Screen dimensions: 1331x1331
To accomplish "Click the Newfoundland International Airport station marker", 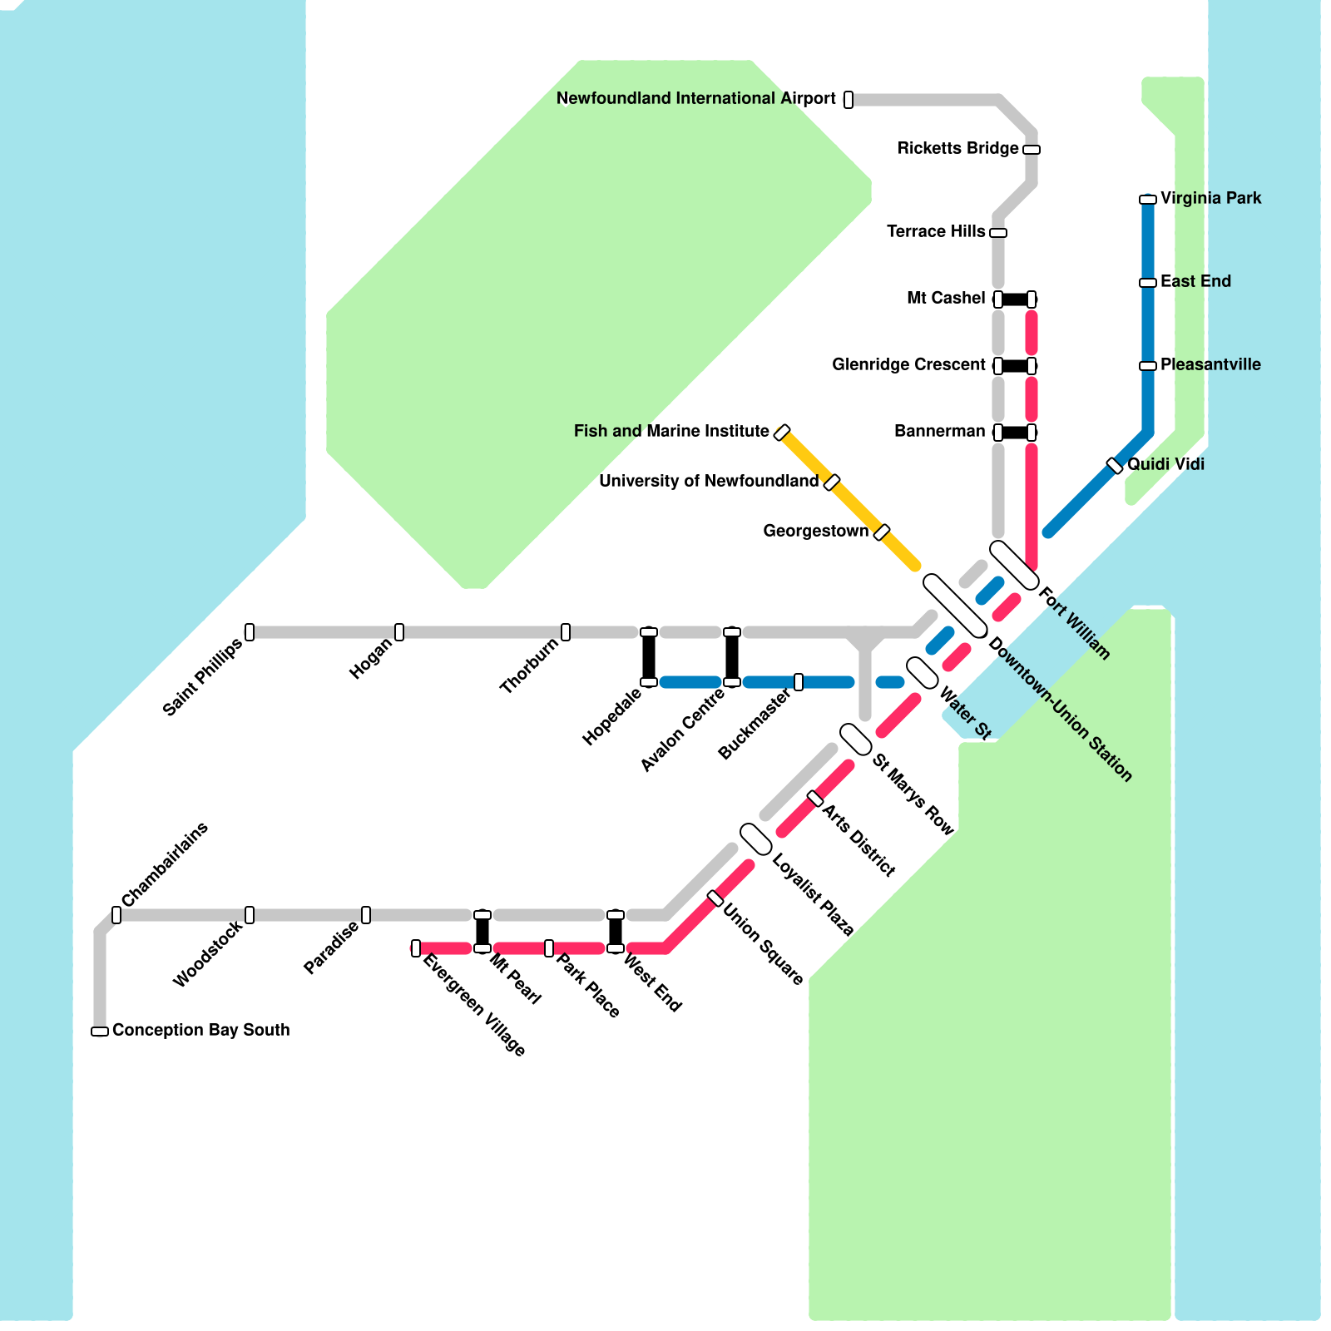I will coord(849,100).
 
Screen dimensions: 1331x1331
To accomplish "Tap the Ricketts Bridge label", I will coord(957,149).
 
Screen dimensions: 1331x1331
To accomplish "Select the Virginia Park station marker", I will coord(1148,200).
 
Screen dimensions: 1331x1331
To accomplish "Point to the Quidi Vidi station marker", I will coord(1115,466).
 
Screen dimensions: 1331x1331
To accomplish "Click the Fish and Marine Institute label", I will coord(670,432).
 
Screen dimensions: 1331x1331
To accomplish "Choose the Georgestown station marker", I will coord(882,532).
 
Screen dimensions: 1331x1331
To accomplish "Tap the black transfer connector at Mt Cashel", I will coord(1015,299).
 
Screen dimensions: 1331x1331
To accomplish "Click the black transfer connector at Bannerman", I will coord(1015,433).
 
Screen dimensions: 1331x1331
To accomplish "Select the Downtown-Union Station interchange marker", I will coord(955,606).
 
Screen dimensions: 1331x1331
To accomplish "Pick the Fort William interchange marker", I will coord(1014,565).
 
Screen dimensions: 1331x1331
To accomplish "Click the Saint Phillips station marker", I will coord(250,632).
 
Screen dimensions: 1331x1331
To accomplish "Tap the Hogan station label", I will coord(370,660).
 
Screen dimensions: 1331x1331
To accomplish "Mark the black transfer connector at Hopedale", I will coord(649,657).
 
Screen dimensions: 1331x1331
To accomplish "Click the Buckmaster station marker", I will coord(799,682).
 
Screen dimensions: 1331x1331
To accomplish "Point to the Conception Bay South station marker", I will coord(100,1032).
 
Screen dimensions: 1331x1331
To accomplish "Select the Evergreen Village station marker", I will coord(416,948).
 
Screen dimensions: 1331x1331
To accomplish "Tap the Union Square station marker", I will coord(715,898).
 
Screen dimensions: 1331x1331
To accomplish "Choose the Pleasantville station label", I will coord(1210,365).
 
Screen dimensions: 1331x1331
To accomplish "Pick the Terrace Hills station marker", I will coord(998,233).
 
